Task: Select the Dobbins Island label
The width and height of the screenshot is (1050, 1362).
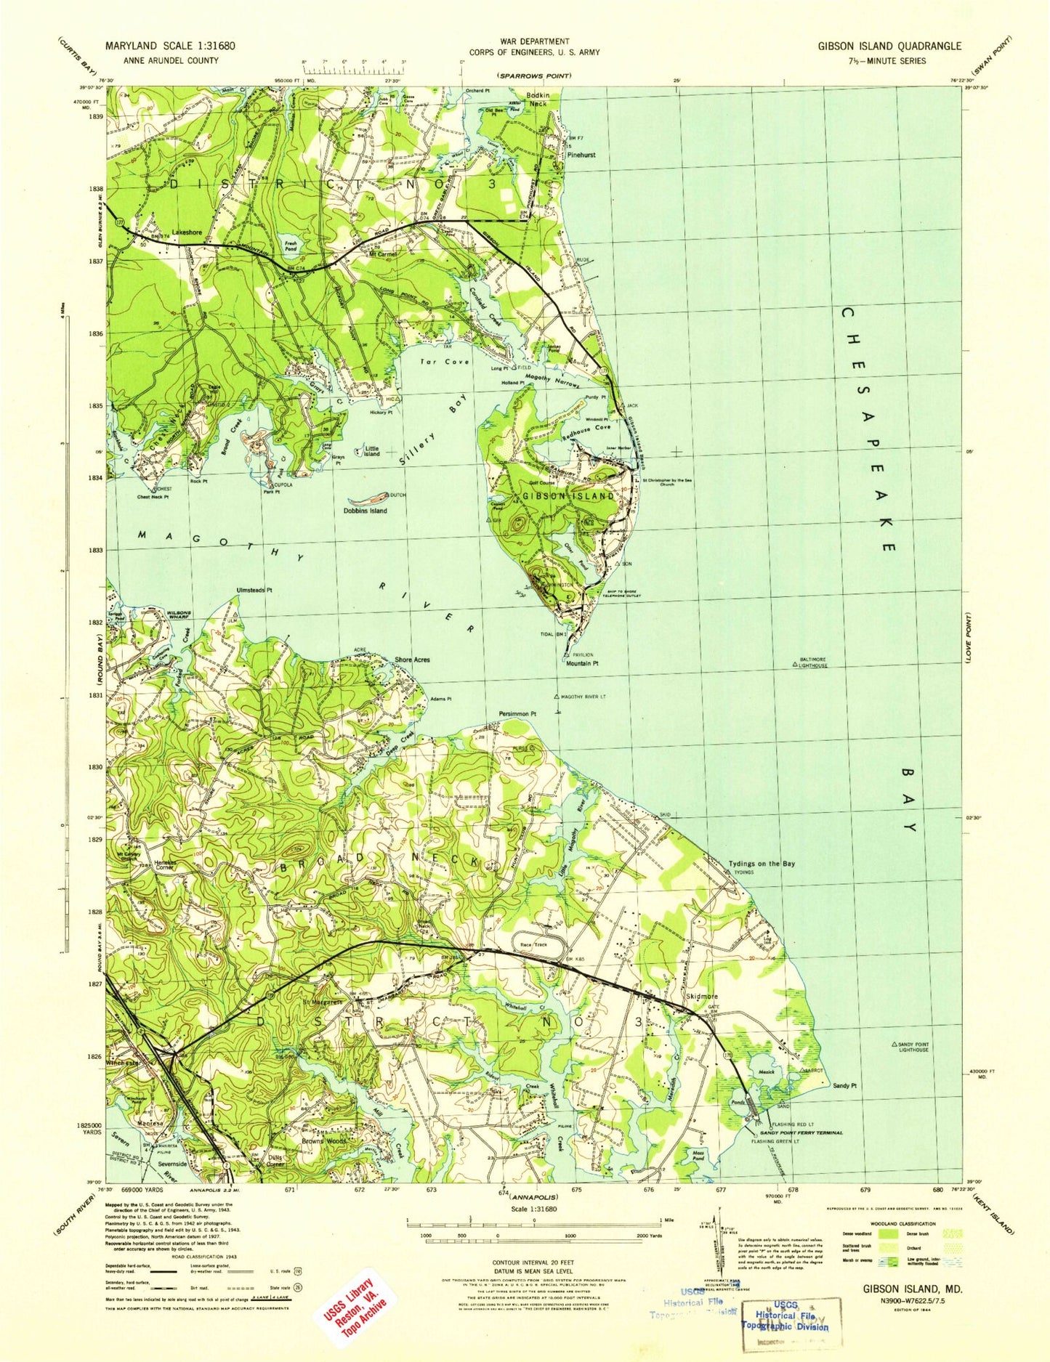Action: [365, 511]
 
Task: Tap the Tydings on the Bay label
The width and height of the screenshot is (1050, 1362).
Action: [762, 864]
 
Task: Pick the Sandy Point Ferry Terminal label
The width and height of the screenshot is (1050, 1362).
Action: [801, 1133]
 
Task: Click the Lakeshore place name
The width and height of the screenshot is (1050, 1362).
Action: [187, 232]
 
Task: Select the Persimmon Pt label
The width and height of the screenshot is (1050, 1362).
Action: [517, 714]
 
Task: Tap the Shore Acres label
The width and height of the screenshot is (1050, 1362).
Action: [412, 660]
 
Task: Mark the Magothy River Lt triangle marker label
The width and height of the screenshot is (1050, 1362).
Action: [583, 697]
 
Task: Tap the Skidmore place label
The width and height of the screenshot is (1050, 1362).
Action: [702, 997]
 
